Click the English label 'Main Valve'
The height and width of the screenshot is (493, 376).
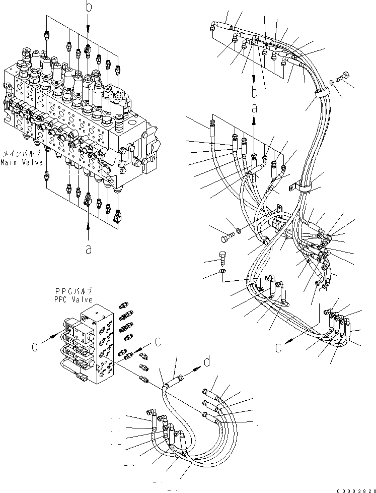[17, 162]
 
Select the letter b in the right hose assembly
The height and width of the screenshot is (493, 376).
[255, 92]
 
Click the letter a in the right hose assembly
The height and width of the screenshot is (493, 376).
[255, 107]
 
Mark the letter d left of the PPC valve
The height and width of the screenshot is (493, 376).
[35, 346]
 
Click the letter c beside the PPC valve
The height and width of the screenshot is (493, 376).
[158, 341]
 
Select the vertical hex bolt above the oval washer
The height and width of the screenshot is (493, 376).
[224, 257]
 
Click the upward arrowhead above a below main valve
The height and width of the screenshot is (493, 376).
[89, 225]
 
